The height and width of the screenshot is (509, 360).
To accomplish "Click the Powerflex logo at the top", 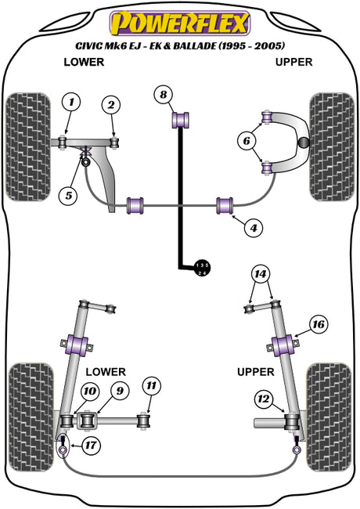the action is (180, 23).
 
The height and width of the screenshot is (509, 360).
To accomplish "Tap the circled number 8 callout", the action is (164, 95).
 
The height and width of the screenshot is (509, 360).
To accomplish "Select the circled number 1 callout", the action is (71, 103).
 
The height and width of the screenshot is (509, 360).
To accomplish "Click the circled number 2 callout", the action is (111, 104).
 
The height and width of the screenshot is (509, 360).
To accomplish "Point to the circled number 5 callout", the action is (69, 196).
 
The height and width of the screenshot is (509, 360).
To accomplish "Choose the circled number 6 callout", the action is (247, 141).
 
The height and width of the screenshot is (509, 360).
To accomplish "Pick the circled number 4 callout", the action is (254, 228).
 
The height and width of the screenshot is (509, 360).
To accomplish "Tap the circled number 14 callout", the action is (261, 274).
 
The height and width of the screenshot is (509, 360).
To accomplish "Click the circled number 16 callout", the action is (319, 324).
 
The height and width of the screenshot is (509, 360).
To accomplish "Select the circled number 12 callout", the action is (264, 399).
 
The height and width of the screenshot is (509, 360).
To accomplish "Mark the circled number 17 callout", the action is (91, 445).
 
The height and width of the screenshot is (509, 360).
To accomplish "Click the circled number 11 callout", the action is (151, 385).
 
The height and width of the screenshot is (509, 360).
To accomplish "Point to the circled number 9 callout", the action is (120, 391).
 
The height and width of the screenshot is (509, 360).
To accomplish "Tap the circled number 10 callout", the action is (89, 392).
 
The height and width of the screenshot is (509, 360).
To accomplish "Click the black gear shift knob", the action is (202, 268).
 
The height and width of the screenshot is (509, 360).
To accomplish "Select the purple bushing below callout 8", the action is (180, 120).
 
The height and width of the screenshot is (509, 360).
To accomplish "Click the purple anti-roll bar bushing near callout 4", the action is (225, 205).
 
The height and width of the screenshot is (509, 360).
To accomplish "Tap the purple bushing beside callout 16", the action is (283, 345).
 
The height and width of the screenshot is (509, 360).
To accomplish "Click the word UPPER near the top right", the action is (293, 62).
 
